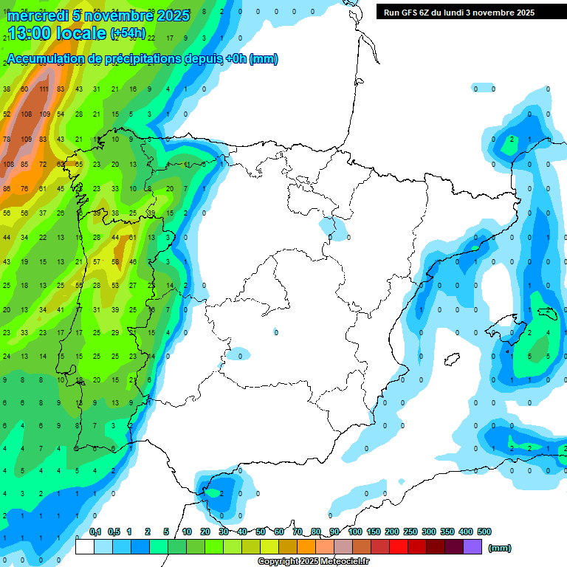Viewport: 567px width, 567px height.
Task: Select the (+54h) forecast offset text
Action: coord(127,34)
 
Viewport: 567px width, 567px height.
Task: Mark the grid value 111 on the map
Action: coord(44,89)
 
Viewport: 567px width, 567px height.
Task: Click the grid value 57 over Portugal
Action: coord(97,262)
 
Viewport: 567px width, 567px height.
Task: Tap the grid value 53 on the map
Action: coord(115,286)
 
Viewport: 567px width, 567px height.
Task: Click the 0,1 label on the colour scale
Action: coord(95,532)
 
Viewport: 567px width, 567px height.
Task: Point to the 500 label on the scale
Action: coord(484,532)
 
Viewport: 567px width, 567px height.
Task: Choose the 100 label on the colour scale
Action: coord(355,532)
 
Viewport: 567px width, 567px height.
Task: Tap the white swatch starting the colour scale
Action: coord(85,547)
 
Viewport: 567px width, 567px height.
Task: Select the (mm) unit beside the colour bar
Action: coord(500,548)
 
